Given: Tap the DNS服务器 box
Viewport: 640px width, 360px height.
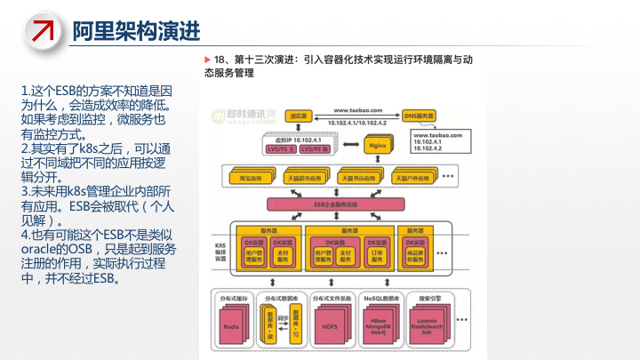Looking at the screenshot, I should (x=419, y=116).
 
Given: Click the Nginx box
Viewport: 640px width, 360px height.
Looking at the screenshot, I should (x=375, y=144).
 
